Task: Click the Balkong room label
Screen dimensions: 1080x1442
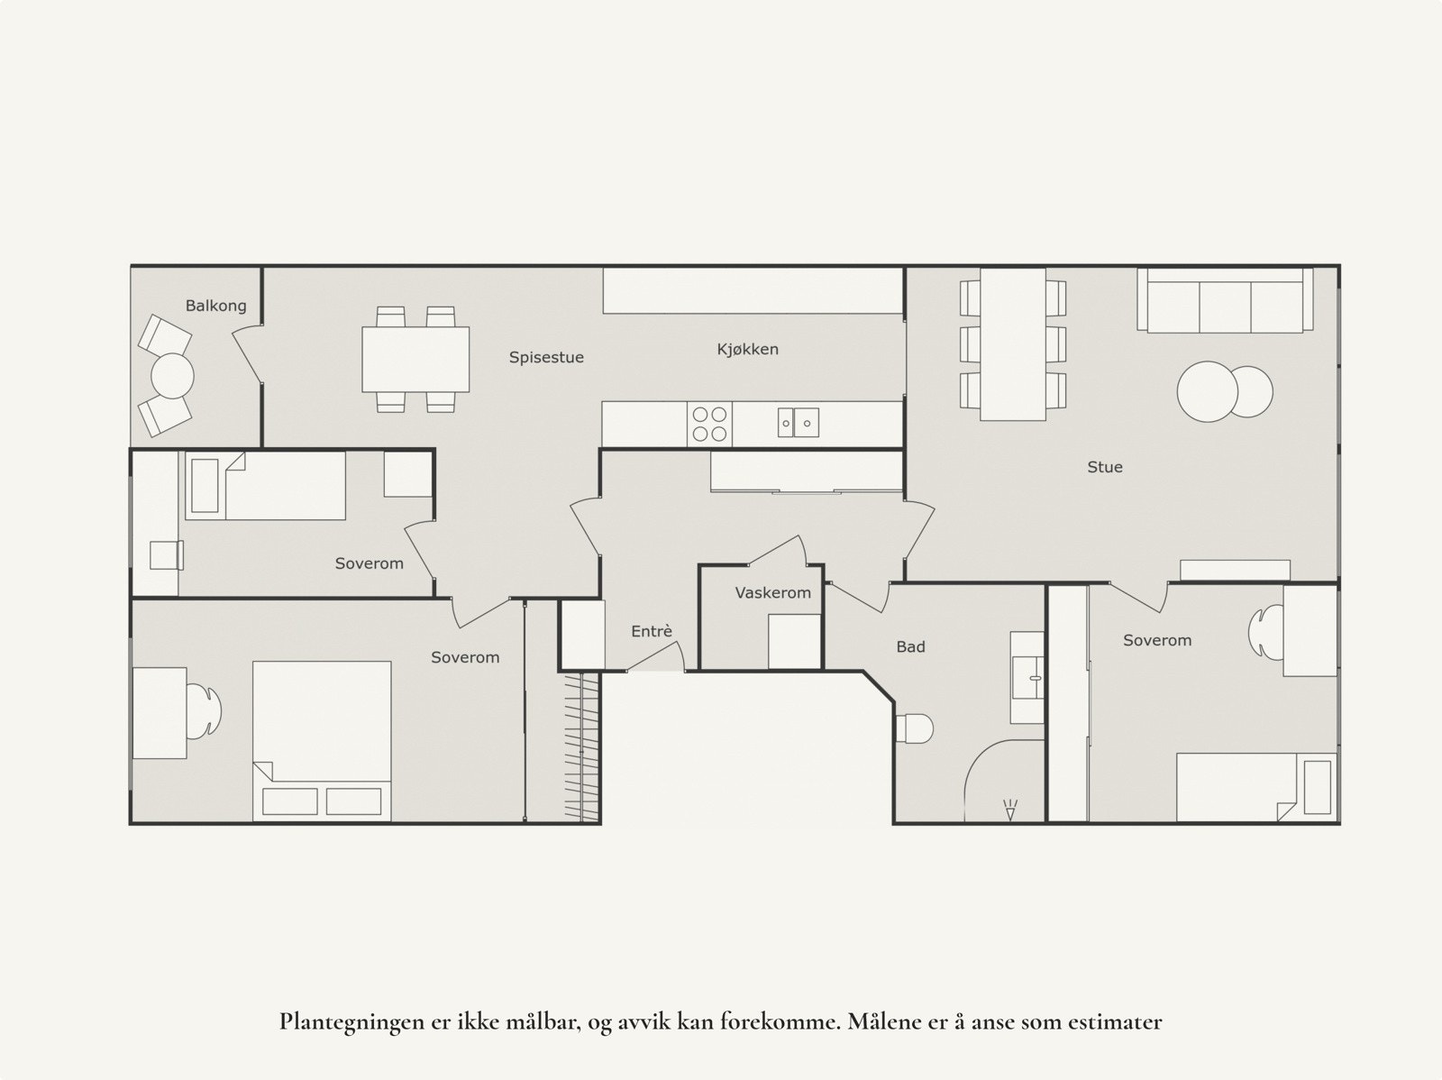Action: coord(215,306)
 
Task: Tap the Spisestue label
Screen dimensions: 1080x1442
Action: coord(546,357)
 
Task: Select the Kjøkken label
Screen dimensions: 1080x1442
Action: coord(747,349)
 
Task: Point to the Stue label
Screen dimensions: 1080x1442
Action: coord(1104,467)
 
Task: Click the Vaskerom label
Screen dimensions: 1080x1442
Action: coord(772,592)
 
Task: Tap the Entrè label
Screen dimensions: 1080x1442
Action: coord(651,632)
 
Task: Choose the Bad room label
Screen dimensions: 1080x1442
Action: coord(910,646)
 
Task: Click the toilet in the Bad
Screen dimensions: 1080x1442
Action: coord(914,728)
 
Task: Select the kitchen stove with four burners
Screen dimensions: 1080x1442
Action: coord(709,424)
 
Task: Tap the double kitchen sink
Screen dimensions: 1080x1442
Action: coord(799,422)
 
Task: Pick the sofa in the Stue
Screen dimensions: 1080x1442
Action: coord(1224,301)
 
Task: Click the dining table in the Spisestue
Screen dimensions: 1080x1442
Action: coord(415,359)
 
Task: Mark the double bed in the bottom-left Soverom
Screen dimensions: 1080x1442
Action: coord(322,739)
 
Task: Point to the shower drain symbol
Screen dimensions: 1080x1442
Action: coord(1009,810)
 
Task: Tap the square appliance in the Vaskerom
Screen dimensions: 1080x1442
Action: coord(794,641)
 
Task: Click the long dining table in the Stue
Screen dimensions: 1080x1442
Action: coord(1013,343)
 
